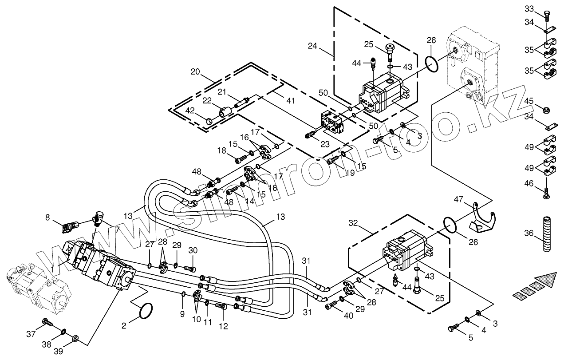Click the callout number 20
[195, 72]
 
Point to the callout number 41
[290, 101]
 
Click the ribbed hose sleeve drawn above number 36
[546, 229]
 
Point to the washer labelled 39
[76, 340]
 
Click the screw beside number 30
[190, 268]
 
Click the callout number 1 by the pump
[52, 269]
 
